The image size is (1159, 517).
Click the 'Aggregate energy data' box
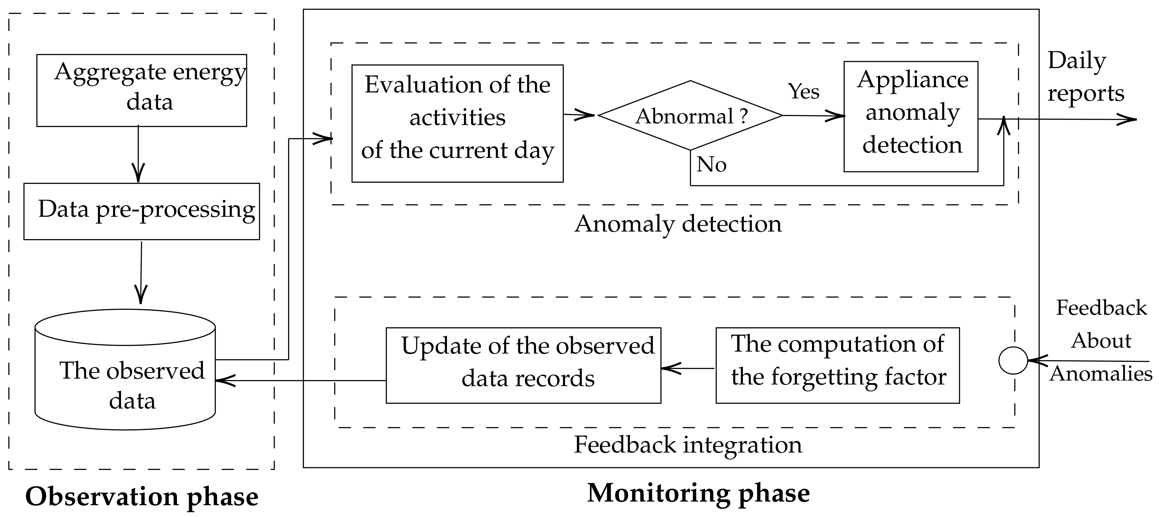coord(141,90)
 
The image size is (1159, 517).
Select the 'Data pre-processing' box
coord(141,211)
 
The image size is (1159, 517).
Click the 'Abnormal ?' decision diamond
coord(690,116)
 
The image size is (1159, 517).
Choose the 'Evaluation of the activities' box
coord(457,123)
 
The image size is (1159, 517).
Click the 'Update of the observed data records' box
coord(523,365)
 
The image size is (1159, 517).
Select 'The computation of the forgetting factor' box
coord(837,365)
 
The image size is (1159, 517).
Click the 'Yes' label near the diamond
coord(803,92)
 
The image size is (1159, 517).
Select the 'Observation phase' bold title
coord(142,497)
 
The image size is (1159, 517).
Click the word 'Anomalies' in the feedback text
coord(1100,374)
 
